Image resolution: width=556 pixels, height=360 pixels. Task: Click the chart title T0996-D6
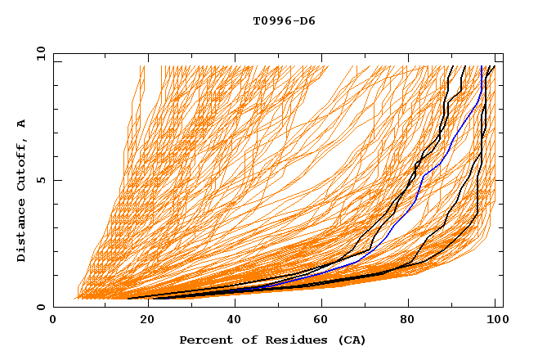pos(284,20)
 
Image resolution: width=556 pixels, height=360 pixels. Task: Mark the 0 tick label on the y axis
pos(40,308)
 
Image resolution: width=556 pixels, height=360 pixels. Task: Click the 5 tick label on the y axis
pos(40,180)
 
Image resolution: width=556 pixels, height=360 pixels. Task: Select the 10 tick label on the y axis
pos(38,53)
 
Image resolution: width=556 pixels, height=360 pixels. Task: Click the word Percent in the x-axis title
pos(204,340)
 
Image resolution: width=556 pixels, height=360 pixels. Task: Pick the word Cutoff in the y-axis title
pos(22,167)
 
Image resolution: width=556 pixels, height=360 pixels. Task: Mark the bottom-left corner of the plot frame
pos(54,308)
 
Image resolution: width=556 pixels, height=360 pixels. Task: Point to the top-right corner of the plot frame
pos(503,54)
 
